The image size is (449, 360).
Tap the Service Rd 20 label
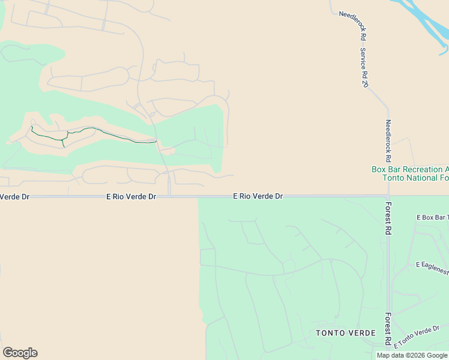(x=364, y=68)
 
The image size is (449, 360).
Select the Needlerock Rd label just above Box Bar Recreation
(x=388, y=141)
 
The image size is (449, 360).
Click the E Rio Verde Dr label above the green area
(x=258, y=196)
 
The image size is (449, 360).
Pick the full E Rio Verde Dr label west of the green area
(x=131, y=196)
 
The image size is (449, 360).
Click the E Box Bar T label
(x=432, y=217)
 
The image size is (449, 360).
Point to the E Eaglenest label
(x=432, y=264)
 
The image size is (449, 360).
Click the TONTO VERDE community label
(x=346, y=333)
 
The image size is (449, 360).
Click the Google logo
(x=20, y=353)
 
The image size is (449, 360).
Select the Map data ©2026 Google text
(x=412, y=355)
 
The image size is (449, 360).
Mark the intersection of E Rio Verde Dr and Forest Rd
(x=388, y=196)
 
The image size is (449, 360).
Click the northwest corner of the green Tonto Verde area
(x=199, y=199)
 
